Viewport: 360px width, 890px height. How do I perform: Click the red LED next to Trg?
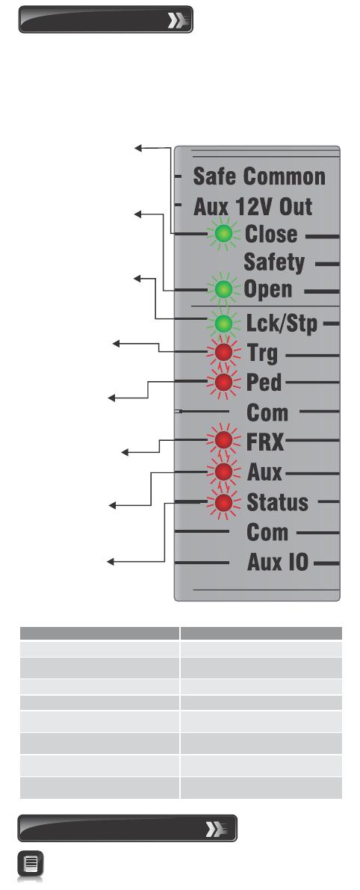point(223,353)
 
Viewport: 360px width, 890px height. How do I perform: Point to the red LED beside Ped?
point(223,381)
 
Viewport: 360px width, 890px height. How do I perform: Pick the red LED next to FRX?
point(223,440)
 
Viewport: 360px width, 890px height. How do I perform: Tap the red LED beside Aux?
point(223,471)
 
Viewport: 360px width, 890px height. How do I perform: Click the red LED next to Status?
point(223,502)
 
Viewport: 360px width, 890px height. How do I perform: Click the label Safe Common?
point(259,176)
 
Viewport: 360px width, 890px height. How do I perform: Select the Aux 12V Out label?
point(253,206)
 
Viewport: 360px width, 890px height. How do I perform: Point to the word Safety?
point(274,262)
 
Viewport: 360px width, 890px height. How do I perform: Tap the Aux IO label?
point(278,563)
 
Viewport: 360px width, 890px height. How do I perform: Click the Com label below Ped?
point(267,412)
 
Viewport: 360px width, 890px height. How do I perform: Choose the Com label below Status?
point(267,532)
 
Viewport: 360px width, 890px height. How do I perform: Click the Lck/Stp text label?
point(282,324)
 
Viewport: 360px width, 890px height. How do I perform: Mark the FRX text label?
point(264,442)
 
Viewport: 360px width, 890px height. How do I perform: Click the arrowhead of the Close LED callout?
point(137,147)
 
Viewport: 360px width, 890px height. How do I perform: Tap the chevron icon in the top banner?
point(177,21)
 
